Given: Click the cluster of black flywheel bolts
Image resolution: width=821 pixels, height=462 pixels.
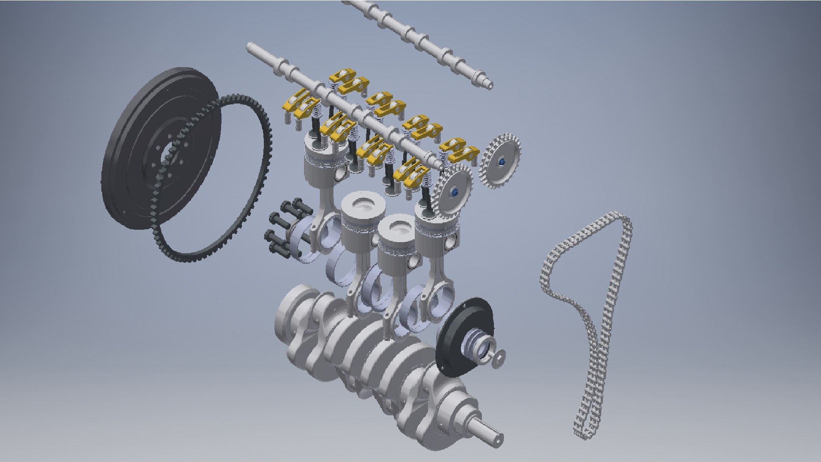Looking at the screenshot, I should click(x=284, y=227).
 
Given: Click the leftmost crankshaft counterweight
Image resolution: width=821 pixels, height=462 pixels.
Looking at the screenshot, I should click(x=295, y=308).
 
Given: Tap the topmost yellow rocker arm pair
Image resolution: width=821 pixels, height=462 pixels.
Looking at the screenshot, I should click(x=348, y=81).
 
